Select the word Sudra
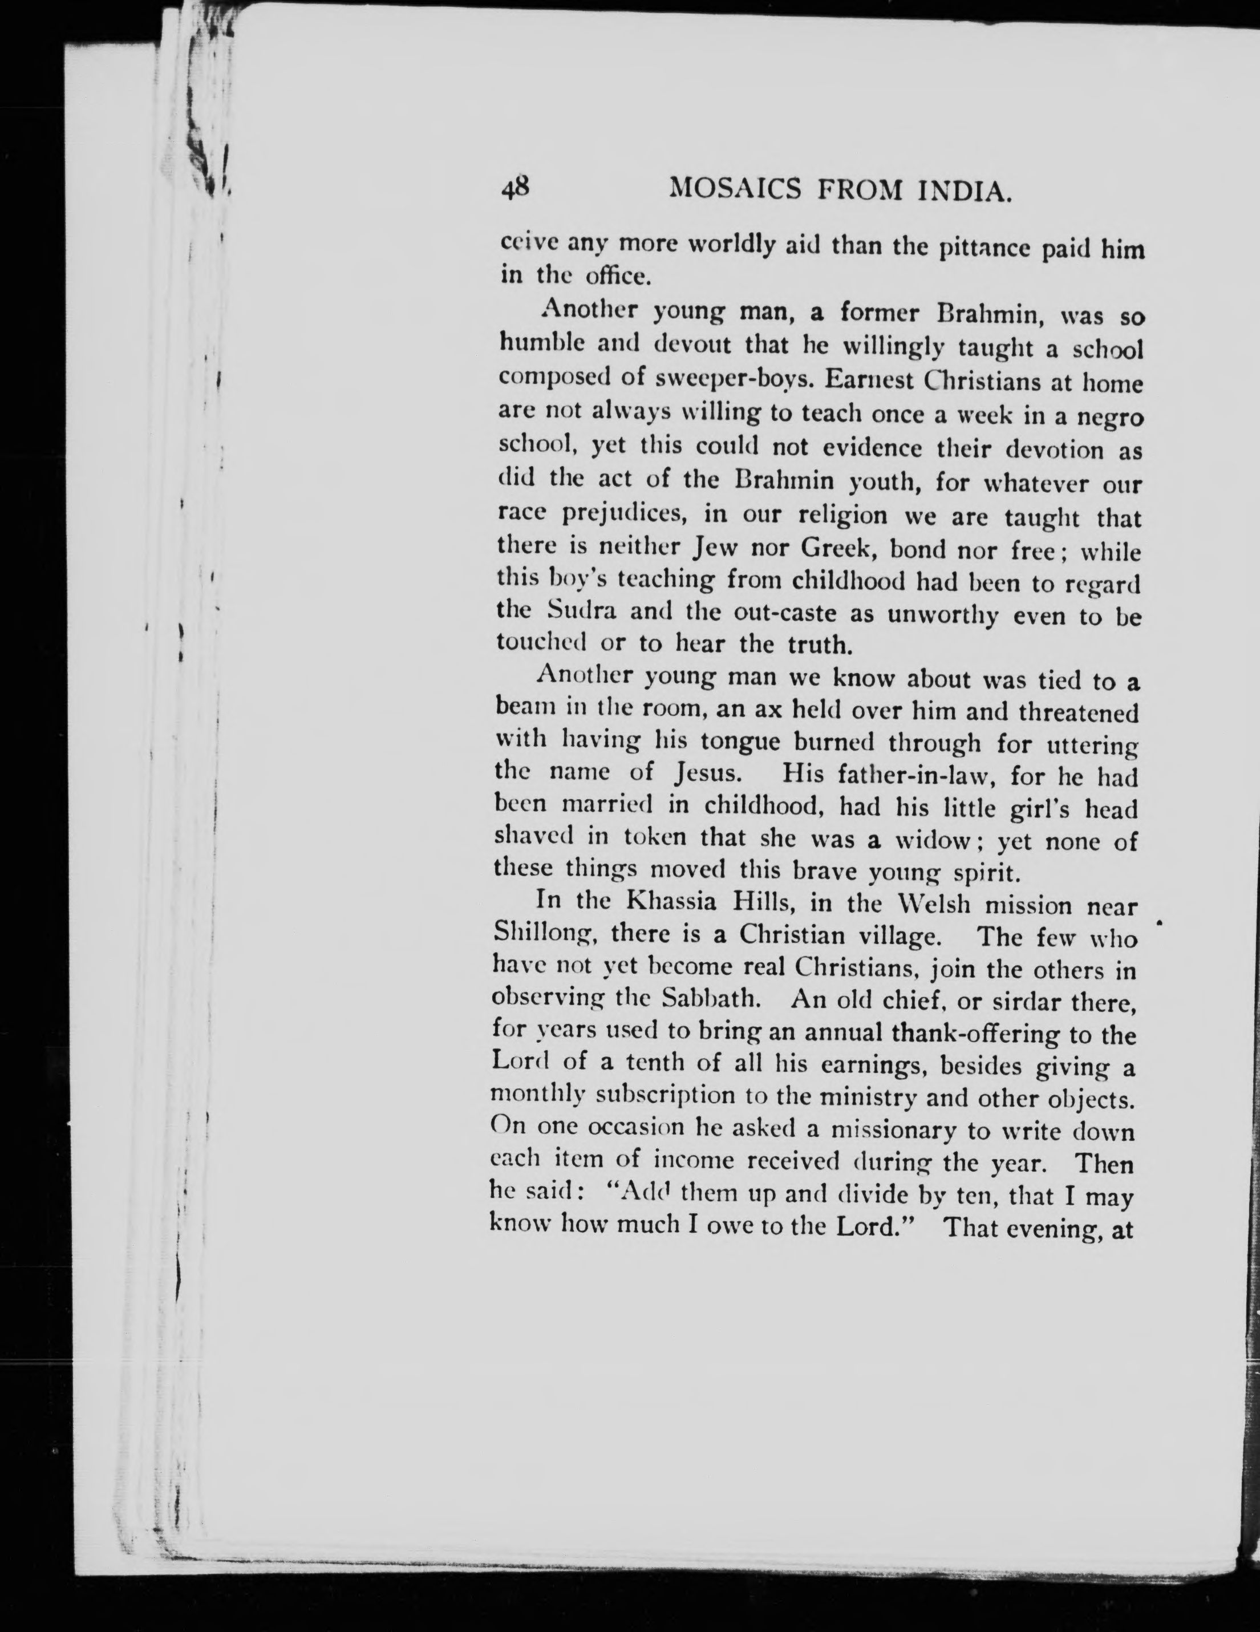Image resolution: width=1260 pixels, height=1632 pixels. [x=582, y=610]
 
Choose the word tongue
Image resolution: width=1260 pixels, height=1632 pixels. [x=739, y=742]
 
